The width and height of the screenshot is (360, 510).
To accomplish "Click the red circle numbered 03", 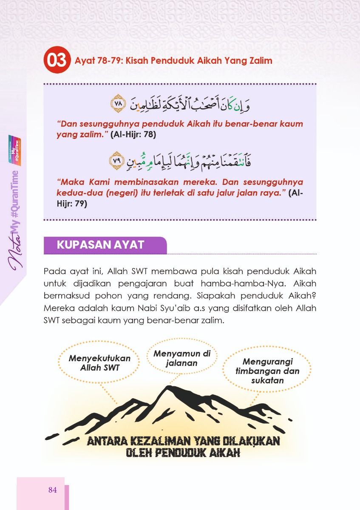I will (x=56, y=61).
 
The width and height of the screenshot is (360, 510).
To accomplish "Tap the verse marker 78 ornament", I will (x=117, y=103).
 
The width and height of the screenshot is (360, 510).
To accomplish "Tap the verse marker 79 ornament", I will (x=116, y=160).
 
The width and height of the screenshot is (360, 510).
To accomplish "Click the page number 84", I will (x=52, y=490).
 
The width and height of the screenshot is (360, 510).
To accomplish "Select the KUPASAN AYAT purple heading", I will (x=101, y=245).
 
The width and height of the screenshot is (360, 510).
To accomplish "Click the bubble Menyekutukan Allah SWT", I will (x=99, y=363).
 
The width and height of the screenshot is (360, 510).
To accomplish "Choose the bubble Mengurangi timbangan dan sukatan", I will (x=267, y=371).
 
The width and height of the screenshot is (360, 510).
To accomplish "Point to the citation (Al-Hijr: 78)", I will (x=133, y=135).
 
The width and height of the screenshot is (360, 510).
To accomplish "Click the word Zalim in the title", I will (x=259, y=61).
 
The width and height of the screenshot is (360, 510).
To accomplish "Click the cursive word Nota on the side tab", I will (x=16, y=253).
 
